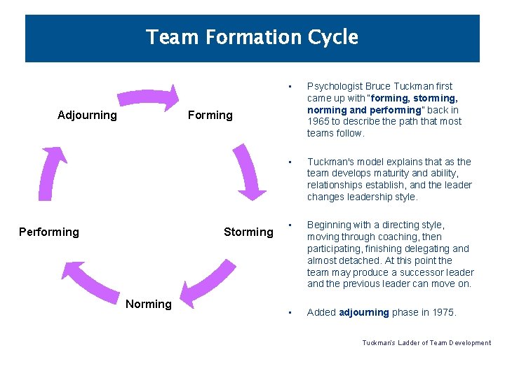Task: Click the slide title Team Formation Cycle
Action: (252, 37)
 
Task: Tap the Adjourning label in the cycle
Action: (87, 115)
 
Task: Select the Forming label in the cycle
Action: (210, 115)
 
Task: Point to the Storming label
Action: (248, 232)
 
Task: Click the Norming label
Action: (148, 304)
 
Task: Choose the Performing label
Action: (49, 232)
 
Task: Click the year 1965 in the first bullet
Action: (319, 121)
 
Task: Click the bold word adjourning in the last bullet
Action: (363, 312)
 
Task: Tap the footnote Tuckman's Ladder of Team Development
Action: (426, 343)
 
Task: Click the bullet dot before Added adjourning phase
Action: (289, 312)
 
